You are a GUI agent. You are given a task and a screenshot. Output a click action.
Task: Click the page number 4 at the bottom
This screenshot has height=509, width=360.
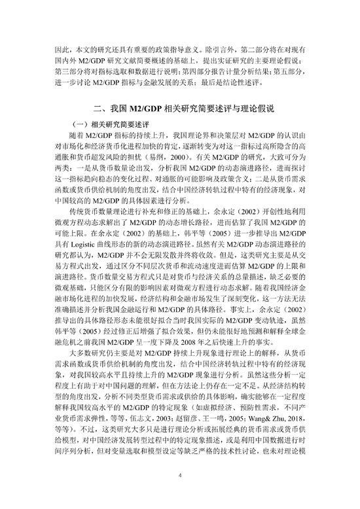click(x=180, y=477)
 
